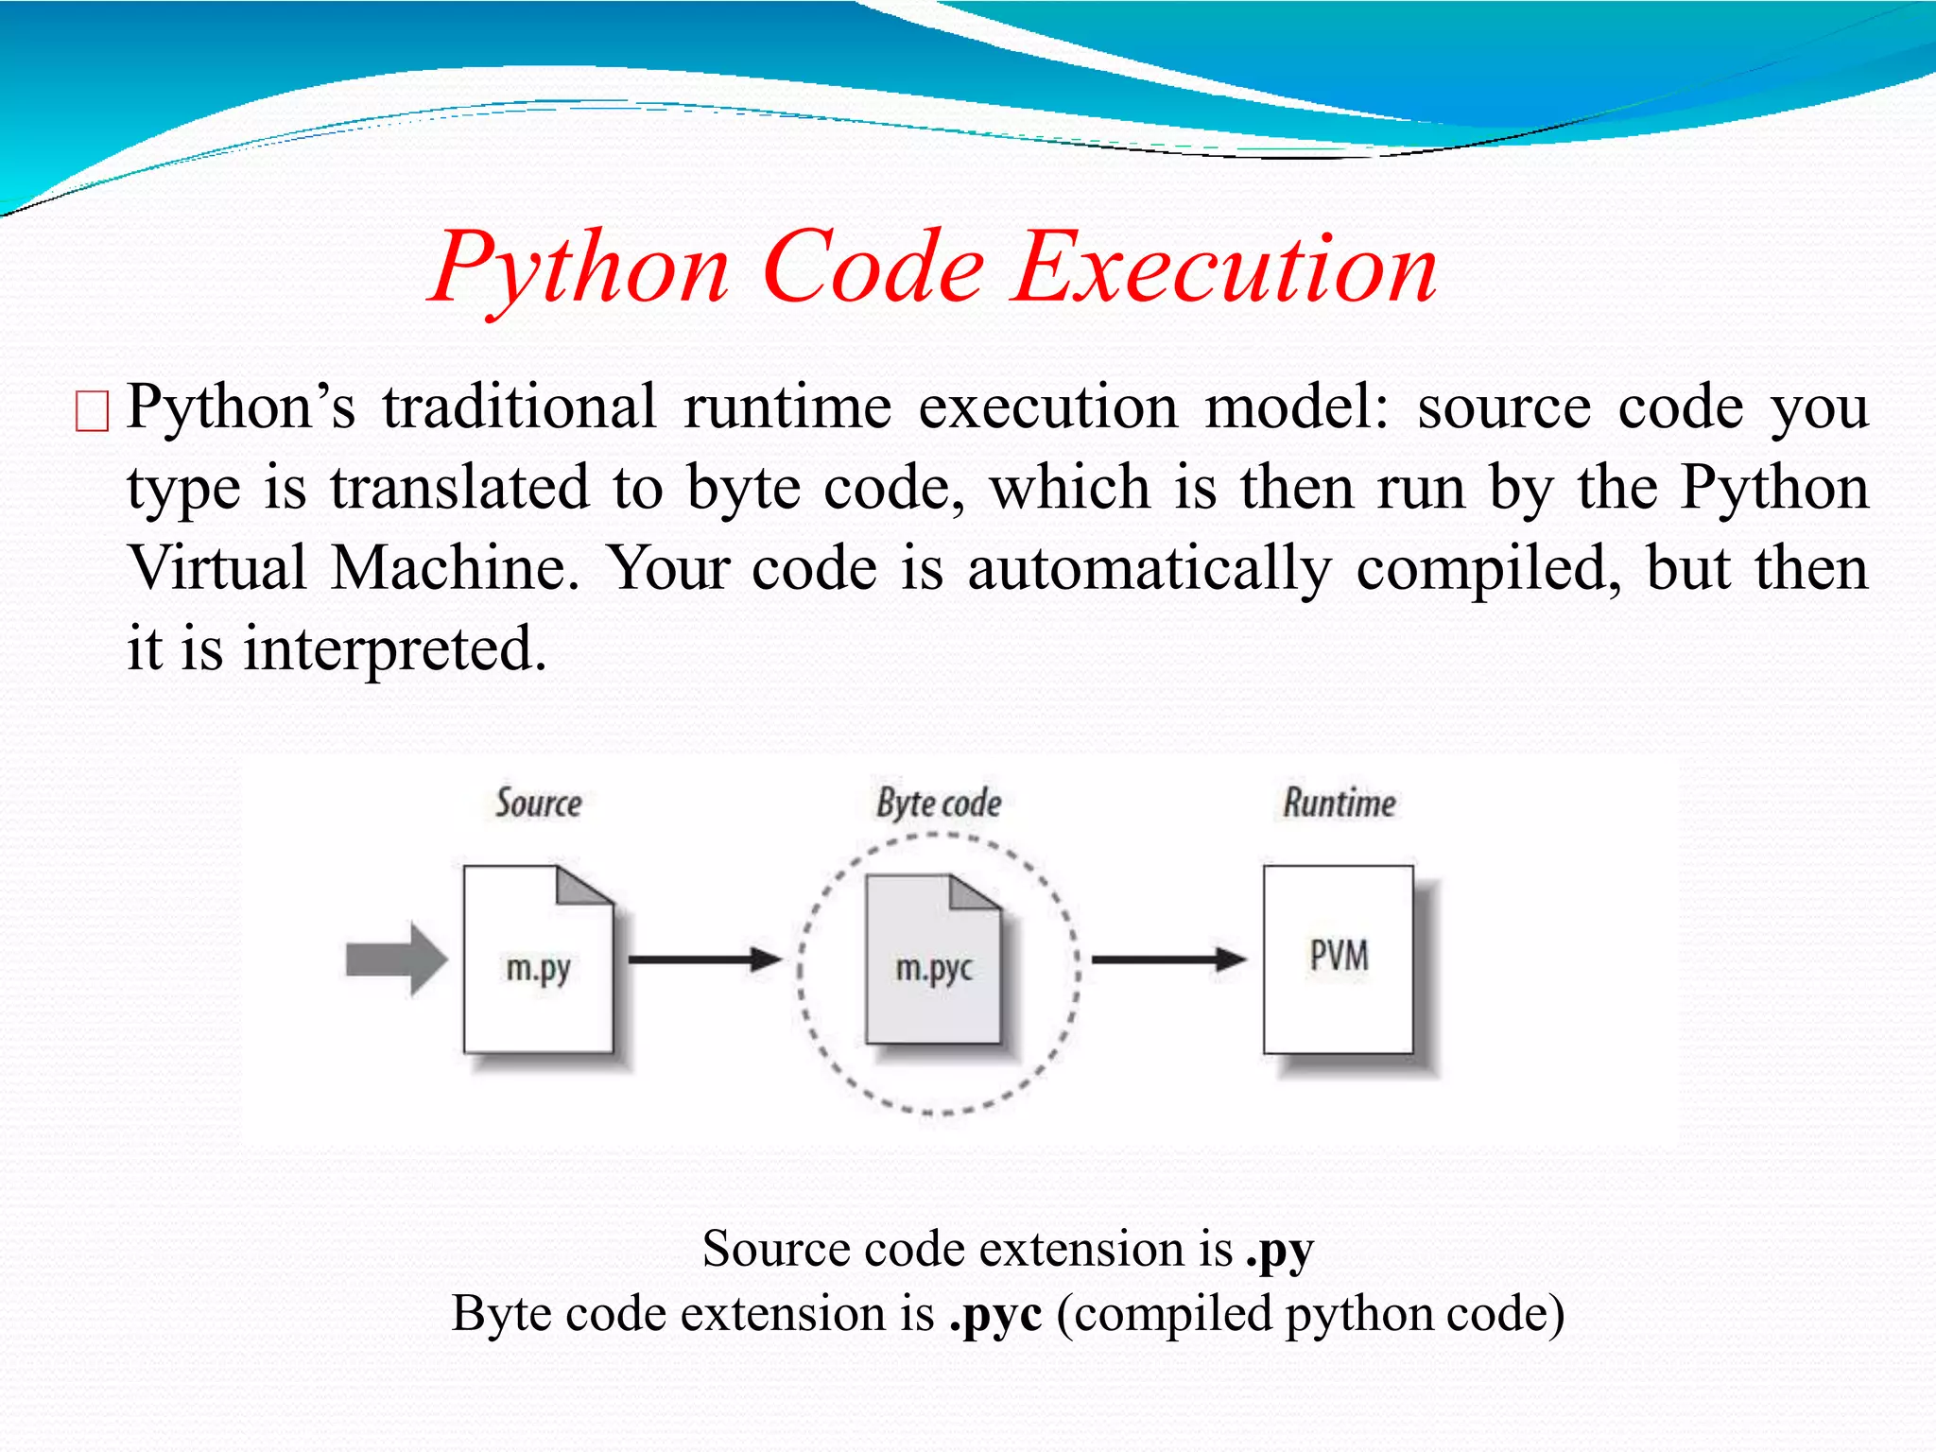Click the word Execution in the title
(1225, 269)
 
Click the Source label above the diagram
(538, 804)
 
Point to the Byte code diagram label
(938, 804)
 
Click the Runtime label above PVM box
(1339, 804)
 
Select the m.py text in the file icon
(538, 969)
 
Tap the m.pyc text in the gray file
(933, 969)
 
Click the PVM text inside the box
(1339, 956)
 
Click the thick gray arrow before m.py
(395, 959)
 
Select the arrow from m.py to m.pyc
(704, 959)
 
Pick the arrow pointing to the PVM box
(1168, 959)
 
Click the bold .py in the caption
(1279, 1251)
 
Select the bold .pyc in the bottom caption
(995, 1315)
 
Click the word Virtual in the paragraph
(218, 569)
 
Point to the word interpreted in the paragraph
(394, 650)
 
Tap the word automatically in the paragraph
(1149, 569)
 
